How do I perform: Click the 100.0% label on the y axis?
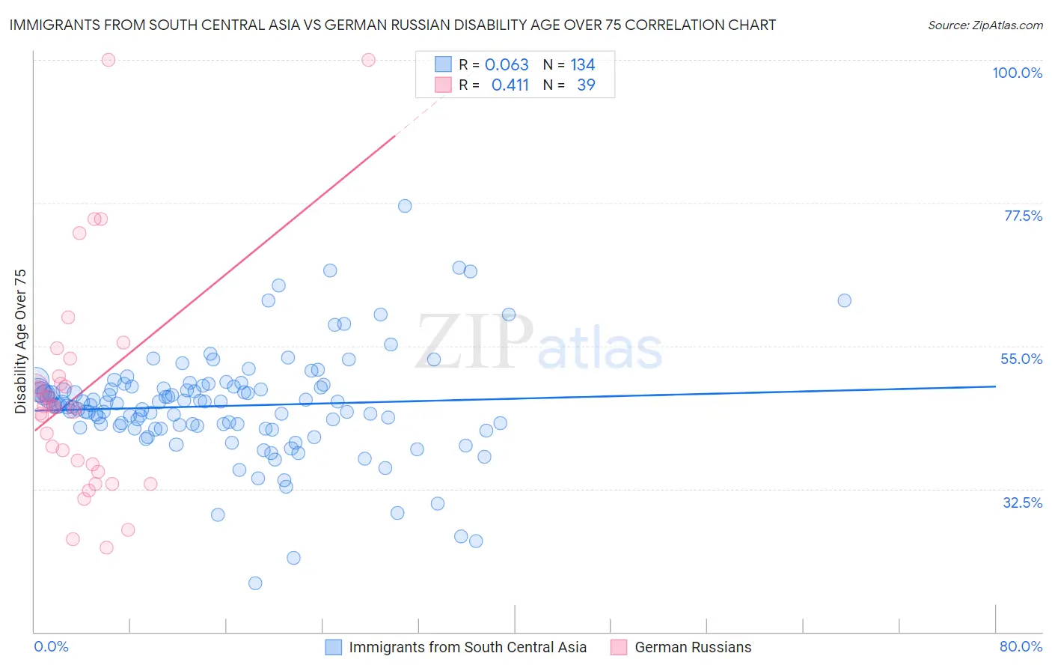(x=1017, y=73)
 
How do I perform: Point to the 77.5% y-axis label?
(x=1023, y=216)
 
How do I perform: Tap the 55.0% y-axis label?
(x=1021, y=359)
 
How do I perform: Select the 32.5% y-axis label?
(x=1022, y=502)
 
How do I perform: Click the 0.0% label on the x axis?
(x=51, y=646)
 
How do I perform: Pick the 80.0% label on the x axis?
(x=1021, y=646)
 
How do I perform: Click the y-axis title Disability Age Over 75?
(x=21, y=341)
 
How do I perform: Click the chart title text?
(x=393, y=25)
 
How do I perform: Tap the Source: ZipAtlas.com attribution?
(x=985, y=25)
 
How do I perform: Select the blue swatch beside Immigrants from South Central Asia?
(x=333, y=647)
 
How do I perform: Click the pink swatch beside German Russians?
(x=619, y=647)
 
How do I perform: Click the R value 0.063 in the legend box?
(x=507, y=65)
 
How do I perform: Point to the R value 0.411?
(x=510, y=85)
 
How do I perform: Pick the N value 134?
(x=582, y=65)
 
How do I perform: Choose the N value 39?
(x=586, y=85)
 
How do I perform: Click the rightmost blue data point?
(x=844, y=300)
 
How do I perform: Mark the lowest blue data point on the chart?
(x=255, y=583)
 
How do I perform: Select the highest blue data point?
(x=405, y=206)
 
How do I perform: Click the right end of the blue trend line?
(x=995, y=386)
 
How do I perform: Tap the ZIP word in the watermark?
(x=474, y=341)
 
